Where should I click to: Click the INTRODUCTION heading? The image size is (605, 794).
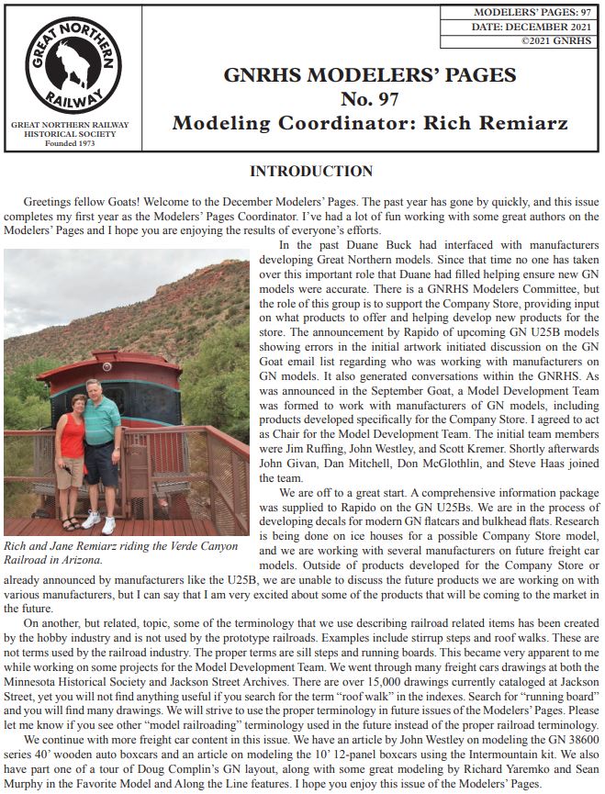311,172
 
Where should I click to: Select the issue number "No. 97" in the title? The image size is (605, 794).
369,98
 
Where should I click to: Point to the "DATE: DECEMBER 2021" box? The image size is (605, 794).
519,28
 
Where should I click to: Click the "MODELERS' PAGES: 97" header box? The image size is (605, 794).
519,14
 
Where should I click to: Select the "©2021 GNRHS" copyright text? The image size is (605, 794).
555,40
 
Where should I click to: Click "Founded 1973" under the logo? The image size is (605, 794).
70,144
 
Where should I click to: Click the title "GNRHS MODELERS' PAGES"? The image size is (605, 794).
369,75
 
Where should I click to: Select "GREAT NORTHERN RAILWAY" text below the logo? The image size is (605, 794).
70,125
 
